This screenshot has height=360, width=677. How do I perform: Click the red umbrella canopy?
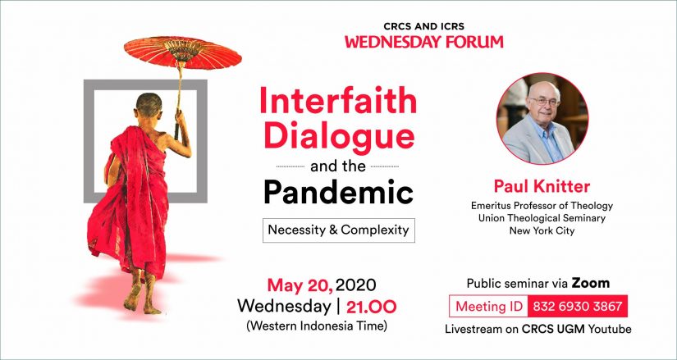[x=183, y=52]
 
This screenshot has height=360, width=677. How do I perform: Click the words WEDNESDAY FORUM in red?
[x=424, y=42]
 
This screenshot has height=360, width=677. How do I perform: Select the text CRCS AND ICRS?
[x=424, y=27]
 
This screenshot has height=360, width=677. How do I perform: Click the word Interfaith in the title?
[x=338, y=101]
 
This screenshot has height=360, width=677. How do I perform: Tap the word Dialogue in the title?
[x=339, y=135]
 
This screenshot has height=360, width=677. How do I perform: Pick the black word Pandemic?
[x=338, y=193]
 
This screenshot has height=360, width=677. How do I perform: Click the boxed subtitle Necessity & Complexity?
[x=338, y=230]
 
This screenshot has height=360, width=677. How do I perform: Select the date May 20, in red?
[x=300, y=285]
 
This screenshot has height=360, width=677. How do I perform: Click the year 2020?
[x=356, y=285]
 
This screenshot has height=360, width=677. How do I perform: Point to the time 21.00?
[x=371, y=307]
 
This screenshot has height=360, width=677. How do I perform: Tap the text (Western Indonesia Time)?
[x=317, y=326]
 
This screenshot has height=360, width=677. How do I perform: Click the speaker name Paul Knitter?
[x=542, y=186]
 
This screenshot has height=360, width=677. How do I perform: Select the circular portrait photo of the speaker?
[x=542, y=119]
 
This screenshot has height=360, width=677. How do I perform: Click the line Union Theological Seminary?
[x=542, y=218]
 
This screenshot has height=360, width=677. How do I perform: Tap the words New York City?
[x=542, y=230]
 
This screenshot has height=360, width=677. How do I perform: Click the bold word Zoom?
[x=591, y=283]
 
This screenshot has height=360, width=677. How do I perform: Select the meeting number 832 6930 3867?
[x=577, y=307]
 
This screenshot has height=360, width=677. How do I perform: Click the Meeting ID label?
[x=489, y=307]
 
